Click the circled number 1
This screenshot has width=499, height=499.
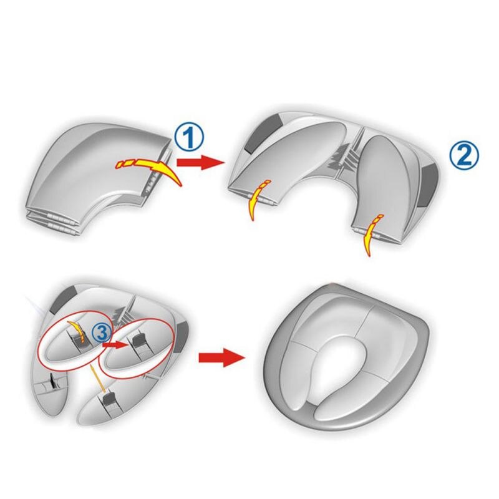click(x=190, y=138)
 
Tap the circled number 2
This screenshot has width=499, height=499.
click(x=463, y=157)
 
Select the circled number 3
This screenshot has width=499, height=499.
click(x=101, y=332)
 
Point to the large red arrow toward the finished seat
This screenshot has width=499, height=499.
click(x=222, y=357)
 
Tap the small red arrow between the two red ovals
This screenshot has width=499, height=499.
click(x=114, y=344)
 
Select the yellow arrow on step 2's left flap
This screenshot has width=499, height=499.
click(x=258, y=200)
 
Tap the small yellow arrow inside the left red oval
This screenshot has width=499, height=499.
click(x=78, y=332)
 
